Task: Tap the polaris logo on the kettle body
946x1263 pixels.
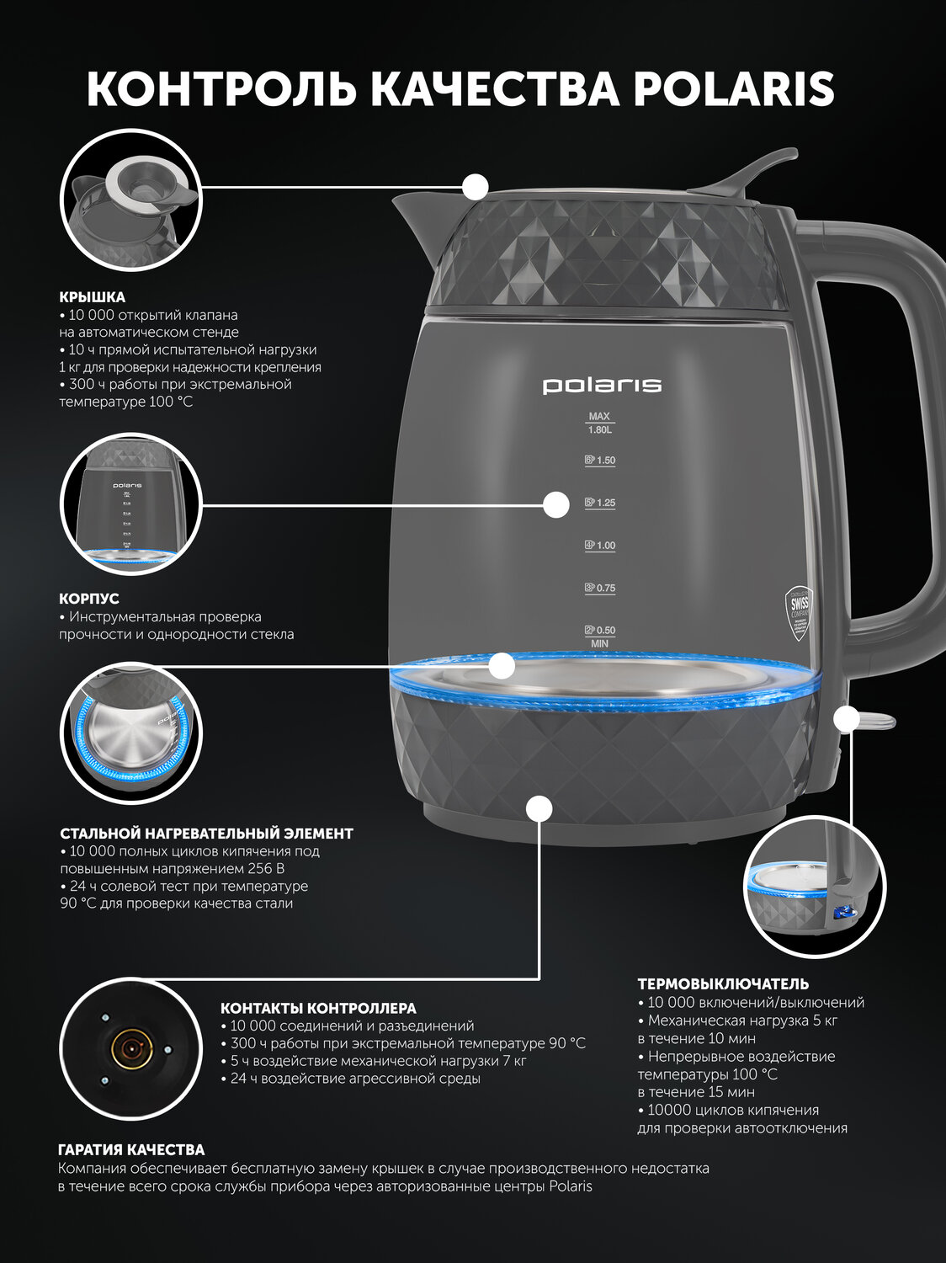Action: click(602, 385)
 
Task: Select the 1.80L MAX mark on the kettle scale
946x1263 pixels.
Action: click(599, 423)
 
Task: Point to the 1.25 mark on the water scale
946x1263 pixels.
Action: click(600, 503)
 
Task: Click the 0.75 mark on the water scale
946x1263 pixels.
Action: click(600, 588)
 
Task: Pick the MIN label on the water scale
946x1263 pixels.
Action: click(599, 644)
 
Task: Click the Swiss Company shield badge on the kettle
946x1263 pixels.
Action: click(799, 614)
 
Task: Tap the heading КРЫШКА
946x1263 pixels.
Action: click(92, 297)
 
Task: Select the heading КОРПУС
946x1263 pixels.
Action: click(89, 599)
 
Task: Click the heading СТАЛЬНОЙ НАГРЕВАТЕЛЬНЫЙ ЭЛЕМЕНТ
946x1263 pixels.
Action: click(206, 834)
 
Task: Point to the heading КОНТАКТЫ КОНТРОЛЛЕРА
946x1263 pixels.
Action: click(319, 1008)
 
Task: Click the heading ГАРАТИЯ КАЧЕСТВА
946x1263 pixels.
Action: click(131, 1149)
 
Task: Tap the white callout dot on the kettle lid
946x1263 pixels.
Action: click(476, 186)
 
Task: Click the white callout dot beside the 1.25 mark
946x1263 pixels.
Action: click(556, 504)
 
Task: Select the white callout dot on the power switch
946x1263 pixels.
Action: click(847, 719)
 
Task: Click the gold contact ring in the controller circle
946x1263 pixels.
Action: click(131, 1049)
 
